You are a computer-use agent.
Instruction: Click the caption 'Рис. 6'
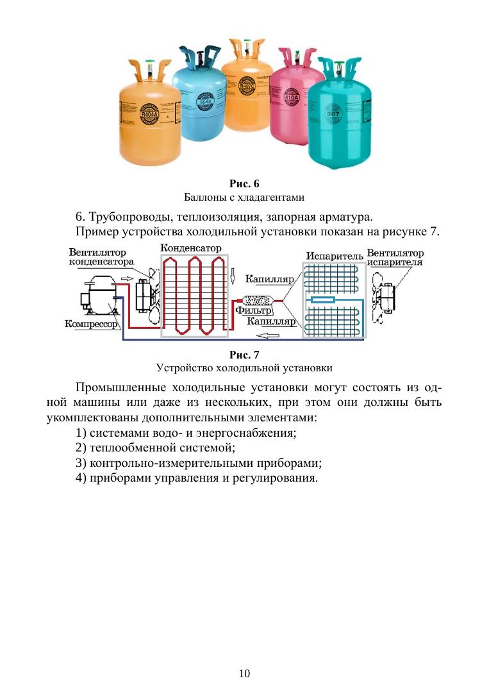(x=244, y=184)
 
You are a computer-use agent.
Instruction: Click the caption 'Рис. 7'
(x=244, y=355)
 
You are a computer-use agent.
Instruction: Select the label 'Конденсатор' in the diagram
(x=190, y=248)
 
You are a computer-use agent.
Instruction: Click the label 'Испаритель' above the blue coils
(x=335, y=256)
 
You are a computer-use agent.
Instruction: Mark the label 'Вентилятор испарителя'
(x=395, y=257)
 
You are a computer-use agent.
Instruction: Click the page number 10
(x=244, y=673)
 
